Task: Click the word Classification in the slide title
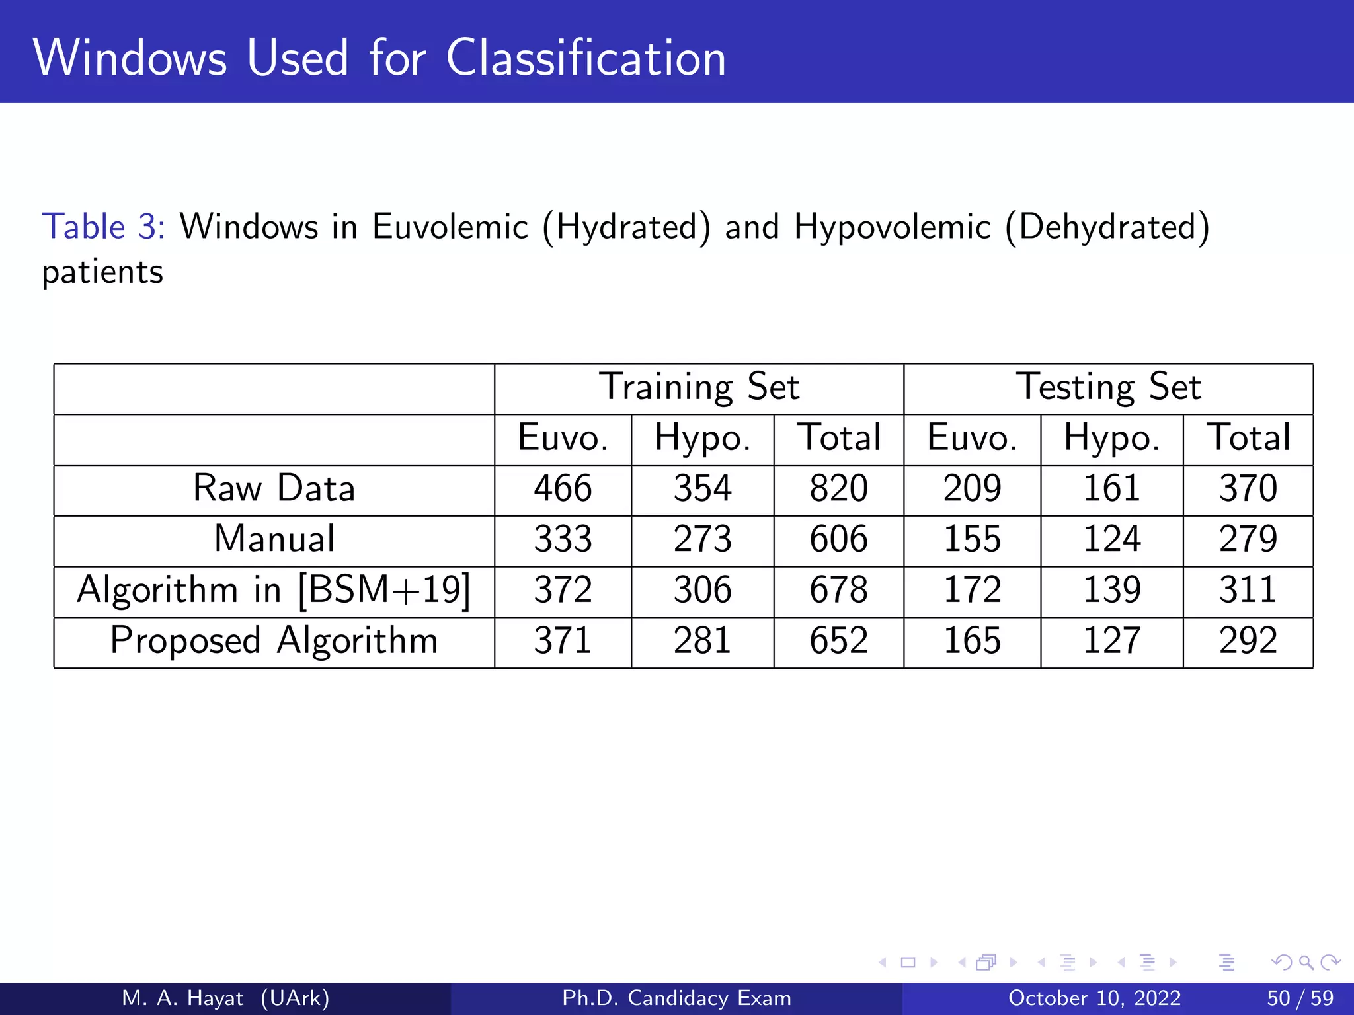coord(586,58)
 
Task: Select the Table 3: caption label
coord(103,227)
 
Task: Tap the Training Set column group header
coord(699,387)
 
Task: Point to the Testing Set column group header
coord(1108,387)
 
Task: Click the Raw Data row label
coord(274,489)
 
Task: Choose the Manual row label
coord(274,539)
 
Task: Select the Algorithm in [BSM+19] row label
coord(274,589)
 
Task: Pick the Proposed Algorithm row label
coord(274,640)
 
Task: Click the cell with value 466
coord(563,489)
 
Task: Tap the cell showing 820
coord(838,489)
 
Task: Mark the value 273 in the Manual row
coord(702,539)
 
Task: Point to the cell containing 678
coord(838,589)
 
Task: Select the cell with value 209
coord(972,489)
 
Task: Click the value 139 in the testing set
coord(1111,589)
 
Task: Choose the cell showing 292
coord(1248,640)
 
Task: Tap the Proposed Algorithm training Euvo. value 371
coord(563,640)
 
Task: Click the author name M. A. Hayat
coord(183,998)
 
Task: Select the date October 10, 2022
coord(1094,998)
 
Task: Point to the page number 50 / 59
coord(1300,998)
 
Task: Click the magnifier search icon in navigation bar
coord(1306,962)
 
